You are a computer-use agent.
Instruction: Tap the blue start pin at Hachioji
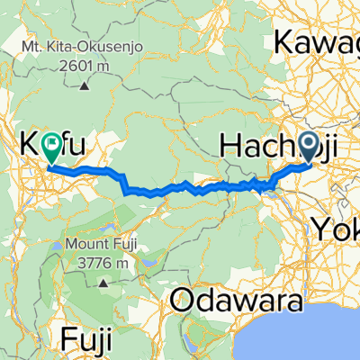[310, 143]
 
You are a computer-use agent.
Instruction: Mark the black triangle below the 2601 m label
[83, 85]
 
